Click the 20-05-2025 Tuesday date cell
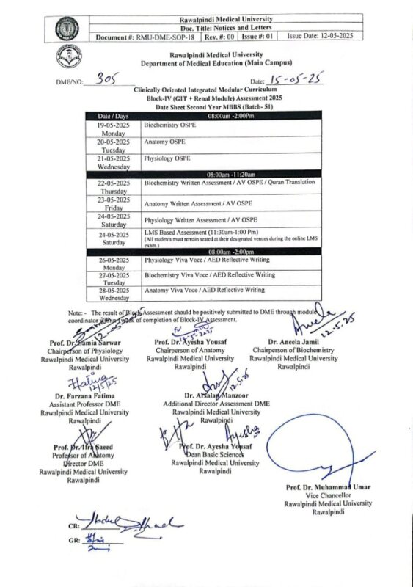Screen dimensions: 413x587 coord(113,145)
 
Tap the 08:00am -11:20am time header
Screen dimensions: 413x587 coord(230,174)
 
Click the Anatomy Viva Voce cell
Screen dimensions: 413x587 coord(204,291)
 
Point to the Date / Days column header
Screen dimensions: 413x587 coord(113,116)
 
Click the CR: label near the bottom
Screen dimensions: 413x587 coord(74,527)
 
